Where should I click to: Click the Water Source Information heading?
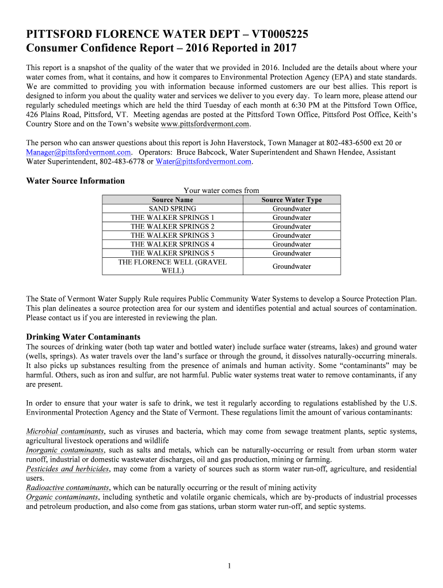coord(75,181)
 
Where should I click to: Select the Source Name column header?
coord(172,200)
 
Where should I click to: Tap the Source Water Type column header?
coord(292,200)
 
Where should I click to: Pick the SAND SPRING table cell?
coord(172,208)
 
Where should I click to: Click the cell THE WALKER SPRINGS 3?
coord(172,235)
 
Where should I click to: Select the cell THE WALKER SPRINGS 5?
coord(172,253)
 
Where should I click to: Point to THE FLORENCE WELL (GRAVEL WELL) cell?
coord(172,266)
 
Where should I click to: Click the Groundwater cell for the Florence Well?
coord(292,266)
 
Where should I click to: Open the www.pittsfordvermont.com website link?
coord(205,124)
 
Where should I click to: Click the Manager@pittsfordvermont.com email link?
coord(78,152)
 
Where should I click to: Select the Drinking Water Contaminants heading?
coord(83,337)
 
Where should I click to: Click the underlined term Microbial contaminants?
coord(65,431)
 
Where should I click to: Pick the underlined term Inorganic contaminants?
coord(65,451)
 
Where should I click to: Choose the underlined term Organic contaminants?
coord(62,497)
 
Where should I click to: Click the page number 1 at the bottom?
coord(229,567)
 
